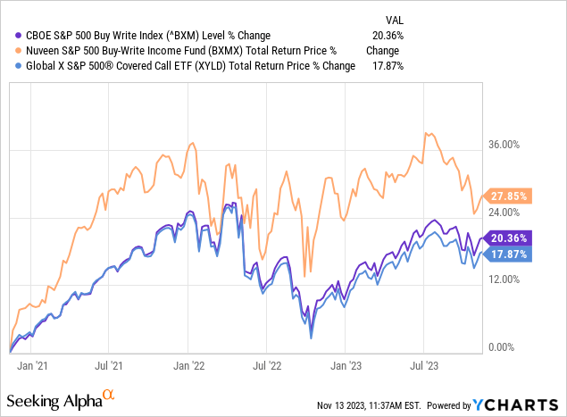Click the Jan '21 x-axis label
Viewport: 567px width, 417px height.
(30, 364)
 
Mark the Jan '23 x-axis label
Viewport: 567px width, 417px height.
(346, 364)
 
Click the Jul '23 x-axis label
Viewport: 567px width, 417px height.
(422, 364)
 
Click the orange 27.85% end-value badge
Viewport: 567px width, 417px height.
(511, 195)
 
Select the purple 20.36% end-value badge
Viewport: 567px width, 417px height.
(511, 238)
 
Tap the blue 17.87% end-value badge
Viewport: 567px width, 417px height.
(511, 254)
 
